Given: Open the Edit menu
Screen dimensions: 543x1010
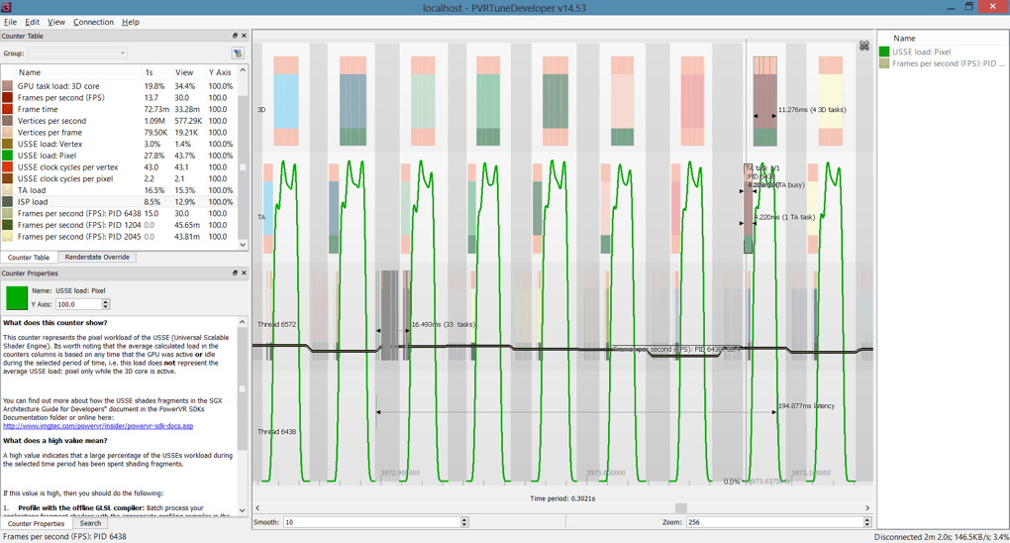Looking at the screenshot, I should pos(33,22).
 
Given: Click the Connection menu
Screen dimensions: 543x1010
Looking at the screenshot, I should pos(93,22).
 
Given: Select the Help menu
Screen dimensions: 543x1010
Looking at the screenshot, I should pos(131,22).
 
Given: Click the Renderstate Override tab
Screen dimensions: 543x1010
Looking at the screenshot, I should pos(97,258).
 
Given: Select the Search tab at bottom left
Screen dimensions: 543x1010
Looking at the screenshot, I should pos(90,523).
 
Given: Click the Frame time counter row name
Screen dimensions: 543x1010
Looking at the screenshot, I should pos(38,109).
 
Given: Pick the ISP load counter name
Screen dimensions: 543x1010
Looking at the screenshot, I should pos(33,202).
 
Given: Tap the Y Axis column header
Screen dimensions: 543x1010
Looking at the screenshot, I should pos(220,72).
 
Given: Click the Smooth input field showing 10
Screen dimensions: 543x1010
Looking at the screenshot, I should pos(371,522).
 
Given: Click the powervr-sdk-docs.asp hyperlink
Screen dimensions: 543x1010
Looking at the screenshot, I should pos(98,426).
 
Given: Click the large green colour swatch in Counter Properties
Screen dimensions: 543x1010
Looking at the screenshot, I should pos(17,297).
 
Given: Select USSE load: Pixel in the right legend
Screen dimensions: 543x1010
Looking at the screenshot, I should pos(921,52).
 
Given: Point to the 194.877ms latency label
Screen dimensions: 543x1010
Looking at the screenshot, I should pos(806,406).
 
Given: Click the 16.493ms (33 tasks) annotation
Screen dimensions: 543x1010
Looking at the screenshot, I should pos(443,324).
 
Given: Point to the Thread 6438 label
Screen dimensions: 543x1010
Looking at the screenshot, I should pos(277,432).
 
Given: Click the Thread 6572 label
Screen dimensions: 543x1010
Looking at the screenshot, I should pos(277,325).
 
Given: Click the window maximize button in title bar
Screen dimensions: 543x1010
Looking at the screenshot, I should pos(968,7).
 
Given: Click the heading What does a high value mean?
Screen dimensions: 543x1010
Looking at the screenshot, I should pos(55,441).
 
